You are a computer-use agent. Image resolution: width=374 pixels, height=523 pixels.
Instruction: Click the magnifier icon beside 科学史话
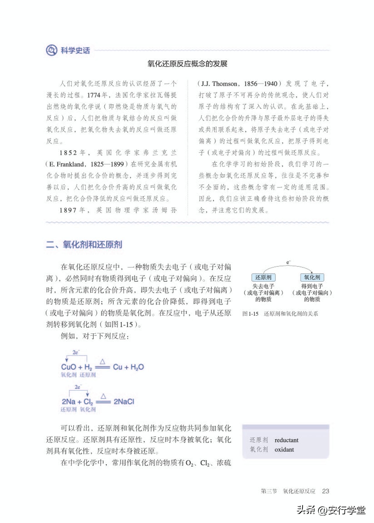[51, 50]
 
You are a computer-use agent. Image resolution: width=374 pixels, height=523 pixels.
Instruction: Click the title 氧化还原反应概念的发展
[187, 64]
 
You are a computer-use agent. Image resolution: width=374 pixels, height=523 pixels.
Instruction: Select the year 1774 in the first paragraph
[94, 95]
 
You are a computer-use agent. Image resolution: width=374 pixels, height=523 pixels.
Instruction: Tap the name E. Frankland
[67, 164]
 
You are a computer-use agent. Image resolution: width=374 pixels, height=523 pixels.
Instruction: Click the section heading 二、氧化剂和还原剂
[84, 244]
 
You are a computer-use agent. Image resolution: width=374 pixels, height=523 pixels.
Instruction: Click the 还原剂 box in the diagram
[263, 277]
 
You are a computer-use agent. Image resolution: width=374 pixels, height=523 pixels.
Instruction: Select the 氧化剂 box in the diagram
[312, 277]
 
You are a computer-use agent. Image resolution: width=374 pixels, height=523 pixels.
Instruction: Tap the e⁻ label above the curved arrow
[288, 263]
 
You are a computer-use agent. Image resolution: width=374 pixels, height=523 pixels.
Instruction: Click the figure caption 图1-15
[250, 314]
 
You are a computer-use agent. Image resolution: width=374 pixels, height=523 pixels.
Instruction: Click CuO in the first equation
[69, 367]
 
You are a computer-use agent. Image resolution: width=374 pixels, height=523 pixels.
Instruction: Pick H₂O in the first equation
[137, 367]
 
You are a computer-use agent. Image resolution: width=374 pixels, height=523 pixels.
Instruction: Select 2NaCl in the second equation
[124, 402]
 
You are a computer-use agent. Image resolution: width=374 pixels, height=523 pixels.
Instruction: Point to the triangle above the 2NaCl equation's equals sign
[103, 396]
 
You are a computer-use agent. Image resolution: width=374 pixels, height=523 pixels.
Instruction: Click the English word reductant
[287, 440]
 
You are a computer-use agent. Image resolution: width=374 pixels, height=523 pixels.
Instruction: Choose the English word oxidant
[284, 449]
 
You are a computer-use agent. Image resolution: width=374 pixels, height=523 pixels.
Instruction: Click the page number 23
[325, 491]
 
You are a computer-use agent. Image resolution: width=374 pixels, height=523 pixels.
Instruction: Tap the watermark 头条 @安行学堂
[331, 510]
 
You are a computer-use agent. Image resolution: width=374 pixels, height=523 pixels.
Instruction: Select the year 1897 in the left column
[69, 210]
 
